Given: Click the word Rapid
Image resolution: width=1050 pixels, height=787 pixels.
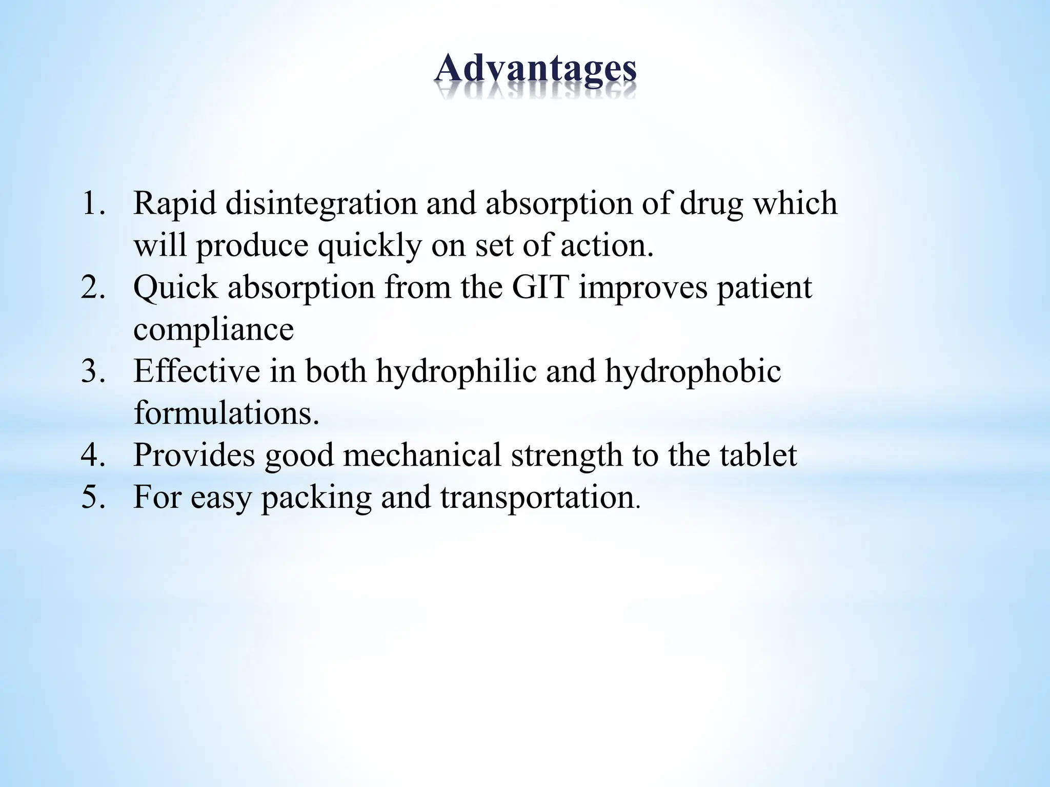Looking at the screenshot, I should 175,203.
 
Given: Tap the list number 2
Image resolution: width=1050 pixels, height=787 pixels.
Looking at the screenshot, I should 92,287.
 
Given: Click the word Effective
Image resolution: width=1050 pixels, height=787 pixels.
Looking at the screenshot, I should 197,371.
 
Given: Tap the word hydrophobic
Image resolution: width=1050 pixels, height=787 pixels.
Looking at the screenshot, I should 693,372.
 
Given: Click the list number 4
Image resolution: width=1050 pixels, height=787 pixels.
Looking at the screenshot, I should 92,455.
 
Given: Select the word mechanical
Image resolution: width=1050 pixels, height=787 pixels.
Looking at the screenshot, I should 422,455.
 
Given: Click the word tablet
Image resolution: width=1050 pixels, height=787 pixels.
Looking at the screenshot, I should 758,455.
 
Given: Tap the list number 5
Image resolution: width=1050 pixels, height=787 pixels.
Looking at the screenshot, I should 92,497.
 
